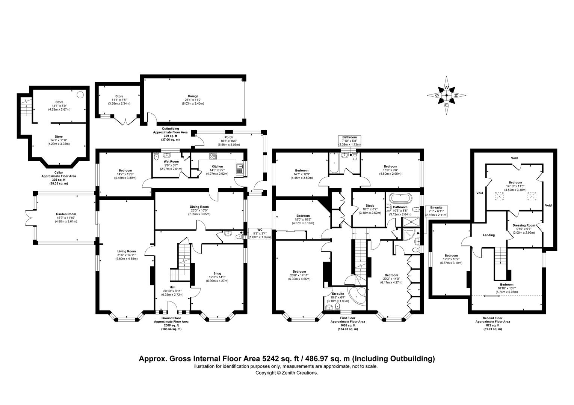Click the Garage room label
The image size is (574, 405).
click(193, 96)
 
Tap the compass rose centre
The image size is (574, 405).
click(446, 95)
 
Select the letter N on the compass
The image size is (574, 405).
click(456, 95)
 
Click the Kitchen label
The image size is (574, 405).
click(217, 166)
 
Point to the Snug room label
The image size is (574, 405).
click(217, 273)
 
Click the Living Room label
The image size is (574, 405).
click(126, 251)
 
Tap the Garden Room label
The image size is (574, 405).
click(66, 214)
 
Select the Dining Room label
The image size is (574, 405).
click(199, 207)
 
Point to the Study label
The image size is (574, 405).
click(370, 205)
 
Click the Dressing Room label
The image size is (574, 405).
click(524, 225)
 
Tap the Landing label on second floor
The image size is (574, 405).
click(489, 235)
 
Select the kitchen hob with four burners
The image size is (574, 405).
click(213, 156)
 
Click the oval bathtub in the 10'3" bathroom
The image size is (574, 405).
click(400, 198)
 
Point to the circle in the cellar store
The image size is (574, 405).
click(80, 94)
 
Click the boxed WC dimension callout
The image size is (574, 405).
click(260, 233)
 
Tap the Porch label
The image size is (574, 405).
click(229, 137)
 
